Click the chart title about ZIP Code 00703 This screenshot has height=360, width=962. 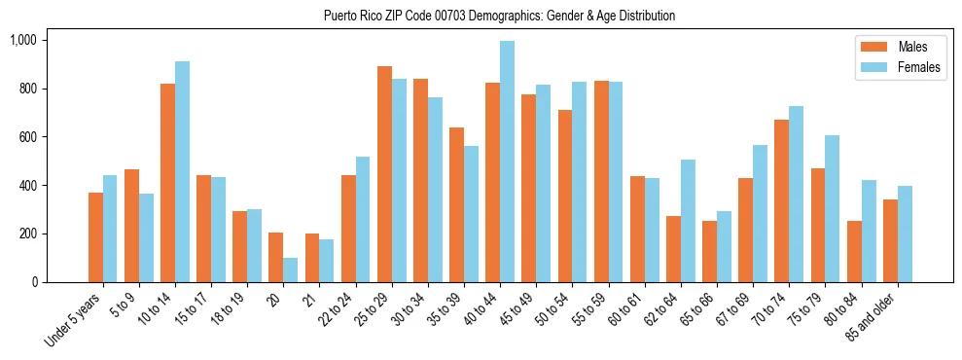click(499, 16)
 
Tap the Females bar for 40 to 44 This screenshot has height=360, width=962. click(507, 162)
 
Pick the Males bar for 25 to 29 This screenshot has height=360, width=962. click(384, 174)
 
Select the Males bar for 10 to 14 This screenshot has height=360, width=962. click(167, 183)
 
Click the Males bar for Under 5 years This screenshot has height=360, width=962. click(95, 237)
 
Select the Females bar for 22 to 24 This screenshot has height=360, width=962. click(362, 219)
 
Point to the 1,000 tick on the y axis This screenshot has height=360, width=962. click(22, 40)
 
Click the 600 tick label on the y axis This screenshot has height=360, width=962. click(26, 137)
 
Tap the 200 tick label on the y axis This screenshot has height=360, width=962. click(26, 234)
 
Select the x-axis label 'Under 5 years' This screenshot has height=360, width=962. click(74, 321)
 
